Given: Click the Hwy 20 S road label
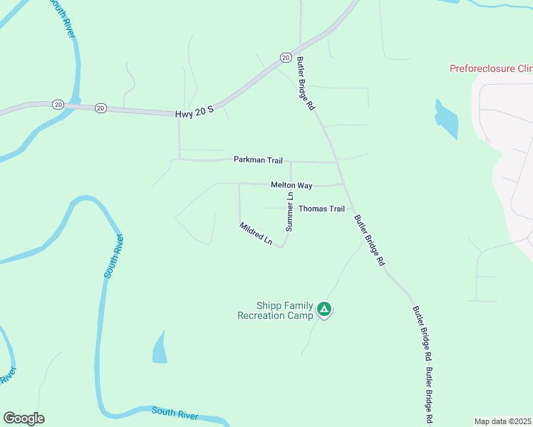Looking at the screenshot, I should [x=195, y=113].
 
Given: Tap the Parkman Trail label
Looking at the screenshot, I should [x=258, y=160].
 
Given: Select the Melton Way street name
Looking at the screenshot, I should [x=291, y=185].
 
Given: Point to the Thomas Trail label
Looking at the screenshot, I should [x=321, y=209].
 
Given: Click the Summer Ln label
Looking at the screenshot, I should [x=289, y=212].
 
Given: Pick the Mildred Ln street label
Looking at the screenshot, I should [x=256, y=233].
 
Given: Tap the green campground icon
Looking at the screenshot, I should [x=324, y=309].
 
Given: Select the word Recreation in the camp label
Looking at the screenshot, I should [x=264, y=315].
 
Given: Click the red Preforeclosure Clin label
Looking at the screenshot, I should [x=491, y=69].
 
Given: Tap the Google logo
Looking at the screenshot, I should [x=24, y=418].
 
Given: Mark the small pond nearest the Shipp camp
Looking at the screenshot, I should [x=160, y=349].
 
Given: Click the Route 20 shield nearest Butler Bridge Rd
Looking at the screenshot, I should [x=285, y=57].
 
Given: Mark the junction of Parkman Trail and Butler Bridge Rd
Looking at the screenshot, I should [x=336, y=163].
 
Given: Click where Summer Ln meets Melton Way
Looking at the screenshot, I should [x=291, y=184].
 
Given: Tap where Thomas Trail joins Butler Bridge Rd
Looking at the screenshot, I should [x=350, y=209].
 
